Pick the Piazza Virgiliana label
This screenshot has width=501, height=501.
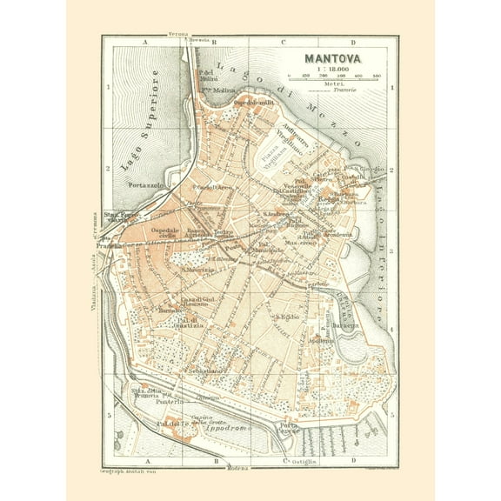[272, 161]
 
